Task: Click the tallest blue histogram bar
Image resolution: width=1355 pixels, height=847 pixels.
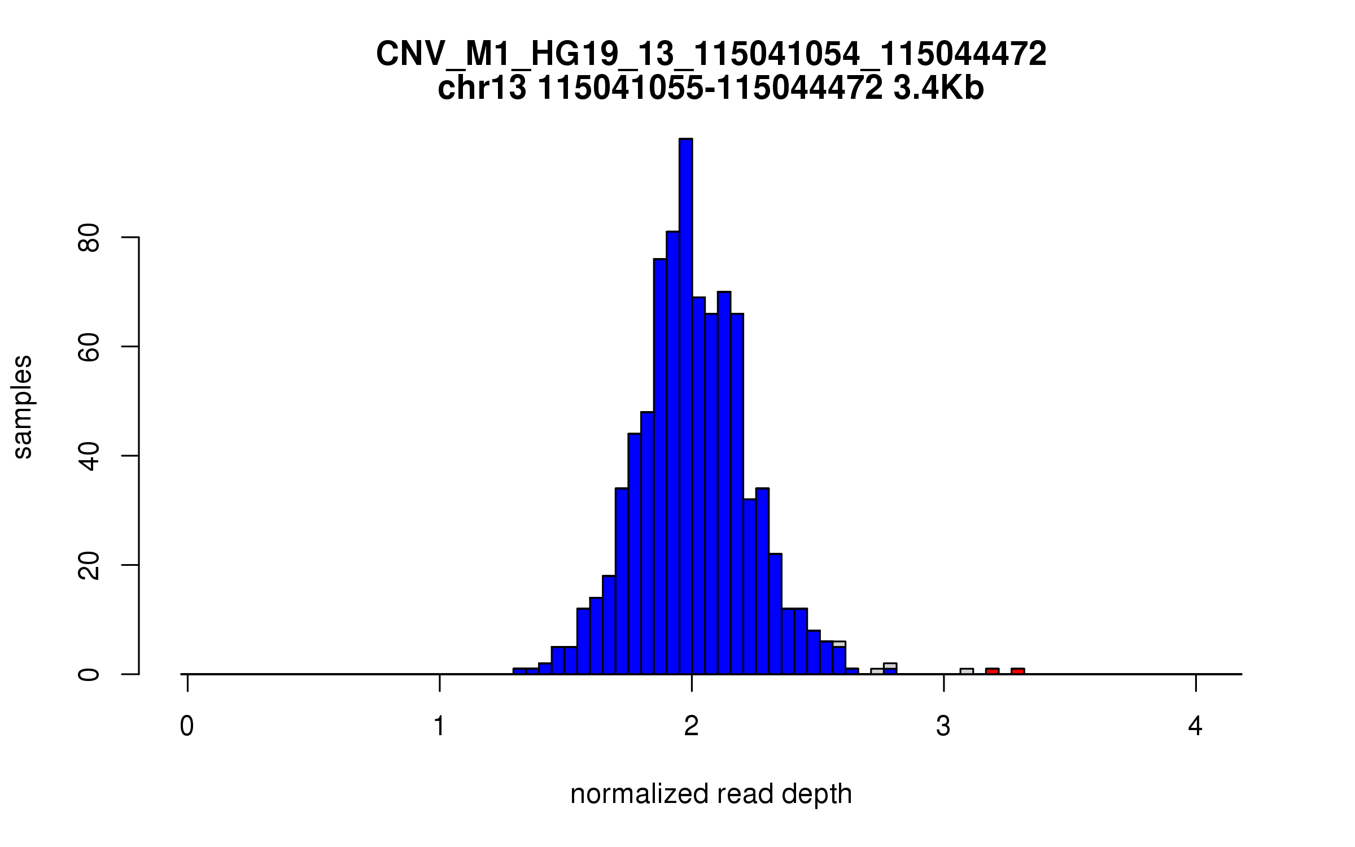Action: click(685, 407)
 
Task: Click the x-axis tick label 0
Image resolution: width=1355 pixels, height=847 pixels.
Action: click(187, 726)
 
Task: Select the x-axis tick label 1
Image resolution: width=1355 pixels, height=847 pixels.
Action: click(439, 726)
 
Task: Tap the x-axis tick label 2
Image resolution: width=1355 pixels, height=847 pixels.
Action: click(692, 726)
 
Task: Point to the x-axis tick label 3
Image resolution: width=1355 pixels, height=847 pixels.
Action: click(943, 726)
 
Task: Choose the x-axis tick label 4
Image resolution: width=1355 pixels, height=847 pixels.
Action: click(1195, 726)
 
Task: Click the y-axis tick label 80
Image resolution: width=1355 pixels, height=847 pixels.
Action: click(89, 238)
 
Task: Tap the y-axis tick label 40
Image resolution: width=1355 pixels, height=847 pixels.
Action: click(89, 456)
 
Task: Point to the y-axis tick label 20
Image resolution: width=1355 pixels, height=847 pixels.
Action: click(89, 565)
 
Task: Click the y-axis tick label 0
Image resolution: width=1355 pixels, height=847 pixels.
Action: click(89, 674)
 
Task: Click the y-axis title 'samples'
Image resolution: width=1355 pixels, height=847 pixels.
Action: click(23, 407)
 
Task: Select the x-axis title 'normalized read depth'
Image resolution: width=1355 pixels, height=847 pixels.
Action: click(711, 794)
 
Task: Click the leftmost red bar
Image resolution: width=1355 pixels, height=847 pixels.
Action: click(992, 671)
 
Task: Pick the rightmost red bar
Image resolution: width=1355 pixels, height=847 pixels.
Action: click(1017, 671)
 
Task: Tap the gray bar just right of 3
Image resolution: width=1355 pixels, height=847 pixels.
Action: click(967, 671)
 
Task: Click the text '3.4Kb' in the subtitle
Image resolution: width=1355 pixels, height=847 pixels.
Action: click(938, 89)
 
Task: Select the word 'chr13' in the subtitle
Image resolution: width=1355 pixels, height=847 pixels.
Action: click(482, 89)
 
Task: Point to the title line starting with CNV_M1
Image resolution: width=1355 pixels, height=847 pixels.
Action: click(711, 54)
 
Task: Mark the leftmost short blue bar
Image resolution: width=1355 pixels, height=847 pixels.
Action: click(519, 671)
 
